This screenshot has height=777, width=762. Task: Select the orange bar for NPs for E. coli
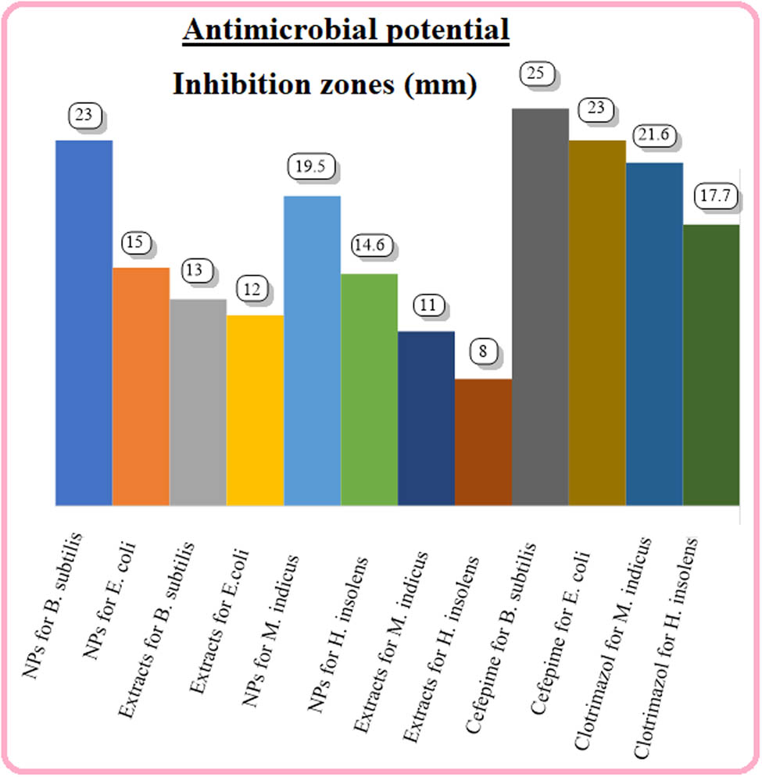[141, 386]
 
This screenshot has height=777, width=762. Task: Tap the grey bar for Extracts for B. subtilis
[198, 401]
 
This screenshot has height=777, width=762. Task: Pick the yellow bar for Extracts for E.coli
[255, 409]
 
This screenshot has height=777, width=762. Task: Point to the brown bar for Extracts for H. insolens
[483, 441]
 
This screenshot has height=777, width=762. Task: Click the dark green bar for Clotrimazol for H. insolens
[711, 364]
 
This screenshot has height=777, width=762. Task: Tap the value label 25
[535, 74]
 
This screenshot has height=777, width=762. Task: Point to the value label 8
[483, 351]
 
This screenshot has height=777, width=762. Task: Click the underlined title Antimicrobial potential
[346, 31]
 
